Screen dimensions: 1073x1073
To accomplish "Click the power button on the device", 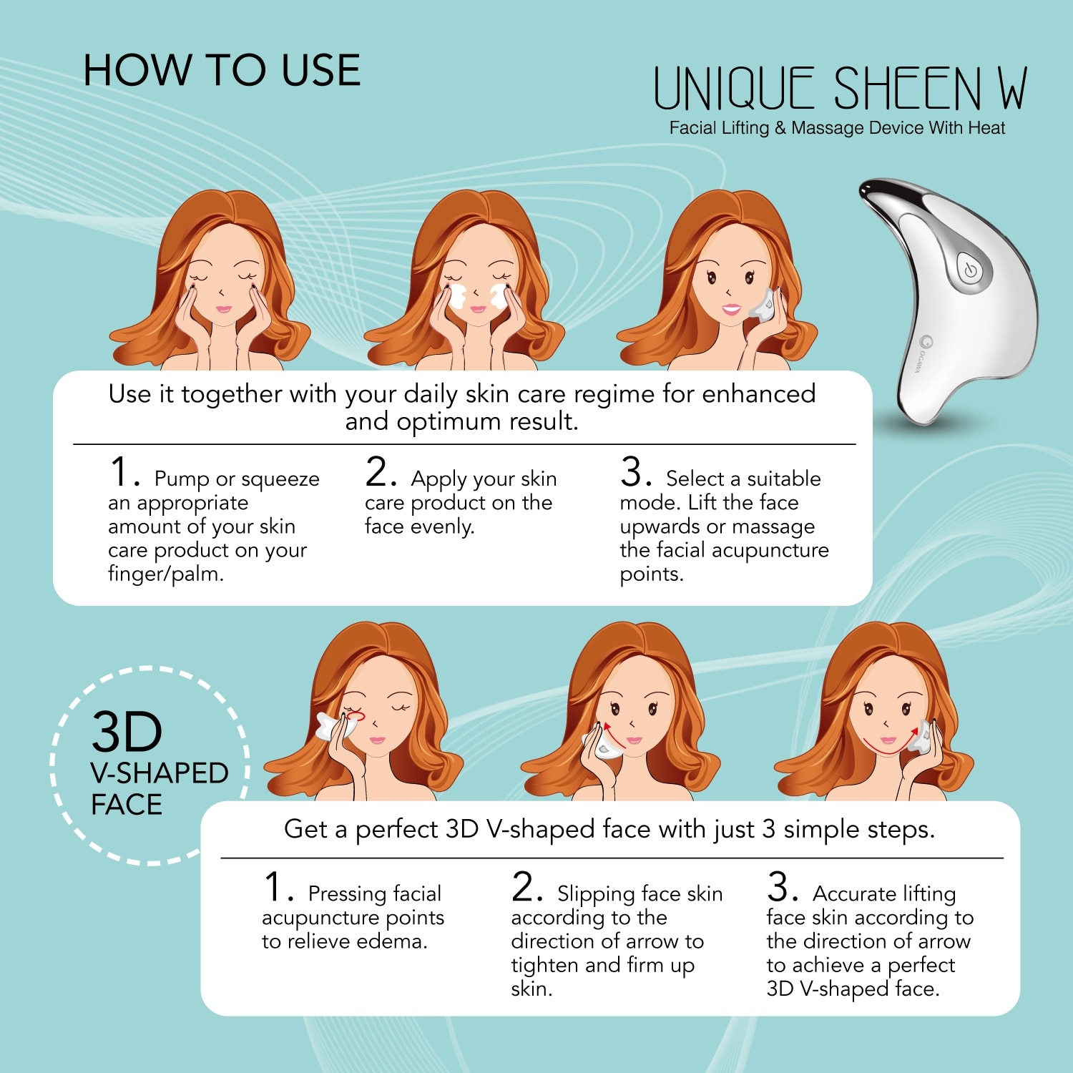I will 970,271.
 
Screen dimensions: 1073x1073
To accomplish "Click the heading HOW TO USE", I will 222,71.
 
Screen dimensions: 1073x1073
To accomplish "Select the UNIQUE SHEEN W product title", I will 840,89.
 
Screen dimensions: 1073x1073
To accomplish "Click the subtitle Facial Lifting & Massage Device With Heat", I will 837,128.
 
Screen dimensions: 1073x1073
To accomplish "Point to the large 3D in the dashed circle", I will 127,733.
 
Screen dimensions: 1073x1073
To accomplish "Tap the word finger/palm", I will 165,574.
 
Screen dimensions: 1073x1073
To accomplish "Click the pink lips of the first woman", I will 223,310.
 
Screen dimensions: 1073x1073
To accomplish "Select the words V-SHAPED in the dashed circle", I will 159,773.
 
